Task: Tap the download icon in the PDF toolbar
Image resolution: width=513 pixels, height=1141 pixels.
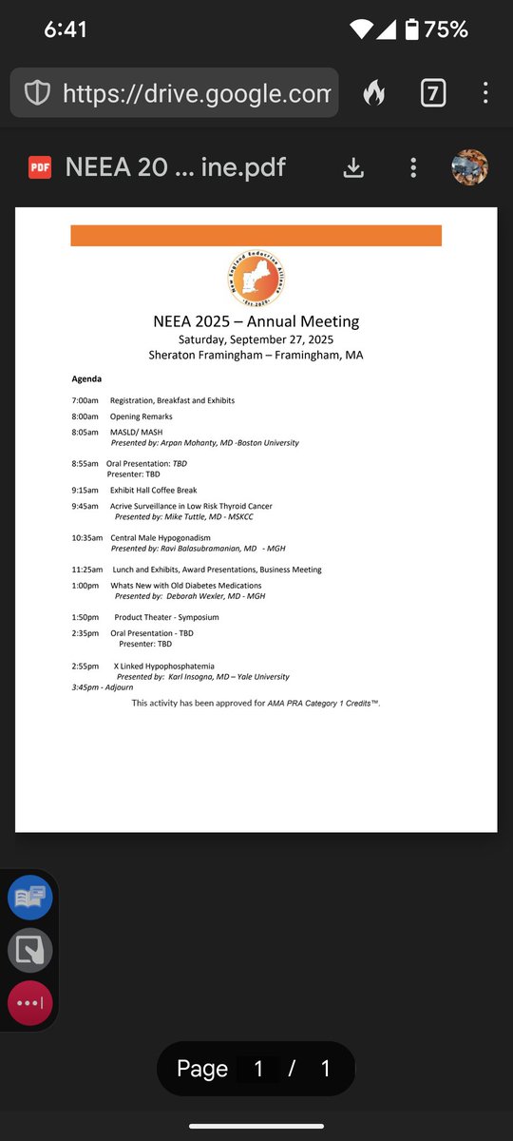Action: tap(353, 168)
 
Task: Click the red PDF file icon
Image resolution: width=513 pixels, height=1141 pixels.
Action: tap(40, 168)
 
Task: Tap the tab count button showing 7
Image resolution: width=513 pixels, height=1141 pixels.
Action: tap(433, 92)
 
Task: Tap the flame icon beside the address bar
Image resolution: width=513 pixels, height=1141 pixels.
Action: tap(374, 92)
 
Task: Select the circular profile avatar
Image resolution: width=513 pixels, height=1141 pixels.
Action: tap(469, 168)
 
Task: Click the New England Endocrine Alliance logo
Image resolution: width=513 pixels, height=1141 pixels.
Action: tap(256, 278)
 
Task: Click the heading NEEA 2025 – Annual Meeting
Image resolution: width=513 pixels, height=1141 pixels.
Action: tap(256, 321)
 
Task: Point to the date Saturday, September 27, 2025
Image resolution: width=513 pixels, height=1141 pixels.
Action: tap(256, 339)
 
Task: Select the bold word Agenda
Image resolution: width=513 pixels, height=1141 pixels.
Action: tap(86, 378)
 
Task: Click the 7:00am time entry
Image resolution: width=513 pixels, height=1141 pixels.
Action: tap(85, 400)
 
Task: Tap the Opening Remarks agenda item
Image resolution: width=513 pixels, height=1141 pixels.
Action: tap(141, 416)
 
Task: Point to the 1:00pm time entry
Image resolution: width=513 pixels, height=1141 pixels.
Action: tap(85, 586)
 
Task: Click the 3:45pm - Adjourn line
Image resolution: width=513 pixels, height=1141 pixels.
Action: tap(102, 687)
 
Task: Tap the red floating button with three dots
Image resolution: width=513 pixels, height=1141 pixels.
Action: tap(29, 1003)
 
